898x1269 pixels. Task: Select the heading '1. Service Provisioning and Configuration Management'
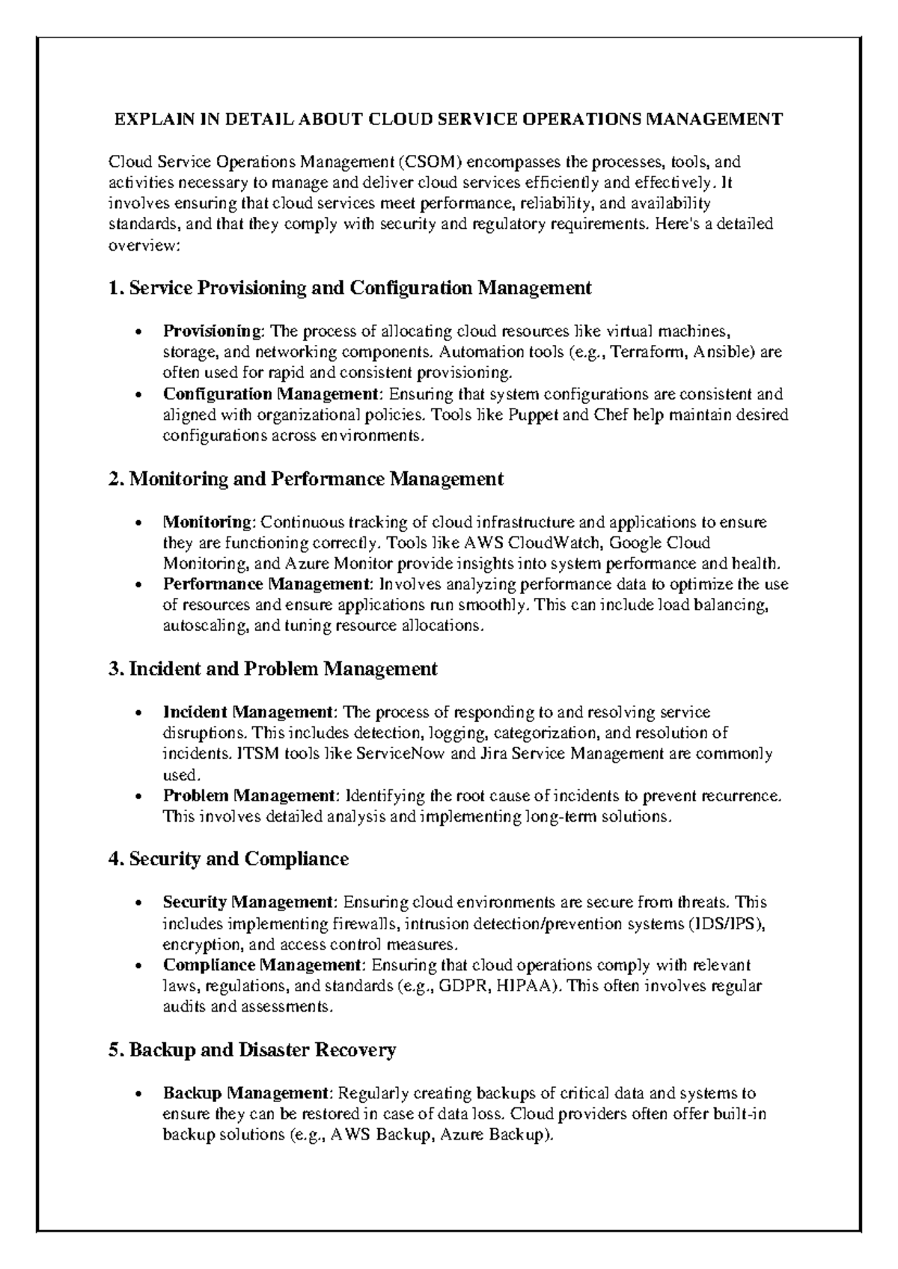click(350, 288)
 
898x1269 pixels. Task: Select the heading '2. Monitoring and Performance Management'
click(306, 479)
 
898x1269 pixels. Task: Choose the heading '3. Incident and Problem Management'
click(273, 669)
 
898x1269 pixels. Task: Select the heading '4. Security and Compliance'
click(229, 859)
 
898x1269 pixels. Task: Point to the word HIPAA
click(528, 985)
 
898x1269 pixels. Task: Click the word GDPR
click(463, 985)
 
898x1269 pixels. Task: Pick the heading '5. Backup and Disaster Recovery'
click(252, 1050)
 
